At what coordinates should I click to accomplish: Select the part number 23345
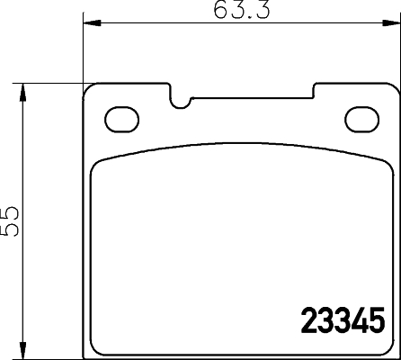coord(341,319)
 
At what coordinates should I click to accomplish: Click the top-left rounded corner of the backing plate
coord(88,91)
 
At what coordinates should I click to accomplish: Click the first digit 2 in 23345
coord(306,319)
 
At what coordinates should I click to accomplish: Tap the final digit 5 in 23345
coord(376,319)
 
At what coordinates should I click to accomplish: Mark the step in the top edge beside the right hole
coord(314,89)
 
